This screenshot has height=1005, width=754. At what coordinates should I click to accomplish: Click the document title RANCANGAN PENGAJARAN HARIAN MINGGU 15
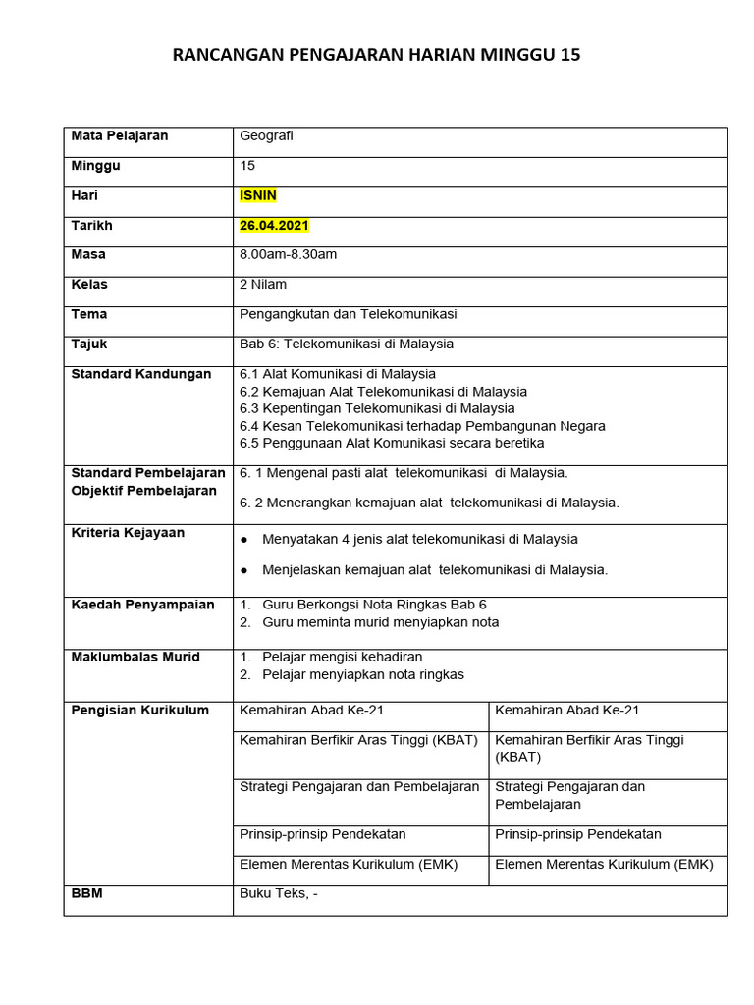(x=376, y=55)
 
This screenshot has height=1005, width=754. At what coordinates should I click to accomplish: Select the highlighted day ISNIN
(x=258, y=195)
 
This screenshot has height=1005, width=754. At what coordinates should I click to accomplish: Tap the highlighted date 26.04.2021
(x=274, y=225)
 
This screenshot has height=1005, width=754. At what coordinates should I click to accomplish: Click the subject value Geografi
(x=266, y=135)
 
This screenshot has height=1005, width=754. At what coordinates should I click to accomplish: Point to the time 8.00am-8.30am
(x=288, y=254)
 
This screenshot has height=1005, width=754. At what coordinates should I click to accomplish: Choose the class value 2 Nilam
(x=263, y=284)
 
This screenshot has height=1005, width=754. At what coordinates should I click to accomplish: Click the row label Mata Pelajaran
(x=120, y=135)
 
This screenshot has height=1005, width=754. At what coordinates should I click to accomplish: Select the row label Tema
(x=89, y=314)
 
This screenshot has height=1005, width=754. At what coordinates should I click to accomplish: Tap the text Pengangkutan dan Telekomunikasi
(x=348, y=314)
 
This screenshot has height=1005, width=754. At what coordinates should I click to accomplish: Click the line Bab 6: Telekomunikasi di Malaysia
(x=346, y=344)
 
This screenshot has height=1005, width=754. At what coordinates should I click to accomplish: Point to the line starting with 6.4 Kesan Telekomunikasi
(x=422, y=426)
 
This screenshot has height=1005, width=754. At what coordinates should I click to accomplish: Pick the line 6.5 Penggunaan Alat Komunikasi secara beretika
(x=392, y=443)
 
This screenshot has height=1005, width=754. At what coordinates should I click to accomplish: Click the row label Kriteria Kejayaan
(x=128, y=533)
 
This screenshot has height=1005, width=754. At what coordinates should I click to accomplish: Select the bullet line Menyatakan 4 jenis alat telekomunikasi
(x=419, y=539)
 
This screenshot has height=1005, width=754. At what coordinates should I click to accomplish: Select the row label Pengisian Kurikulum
(x=139, y=710)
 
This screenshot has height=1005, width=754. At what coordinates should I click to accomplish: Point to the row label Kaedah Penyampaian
(x=142, y=605)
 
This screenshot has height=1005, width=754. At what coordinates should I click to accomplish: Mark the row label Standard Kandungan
(x=140, y=374)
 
